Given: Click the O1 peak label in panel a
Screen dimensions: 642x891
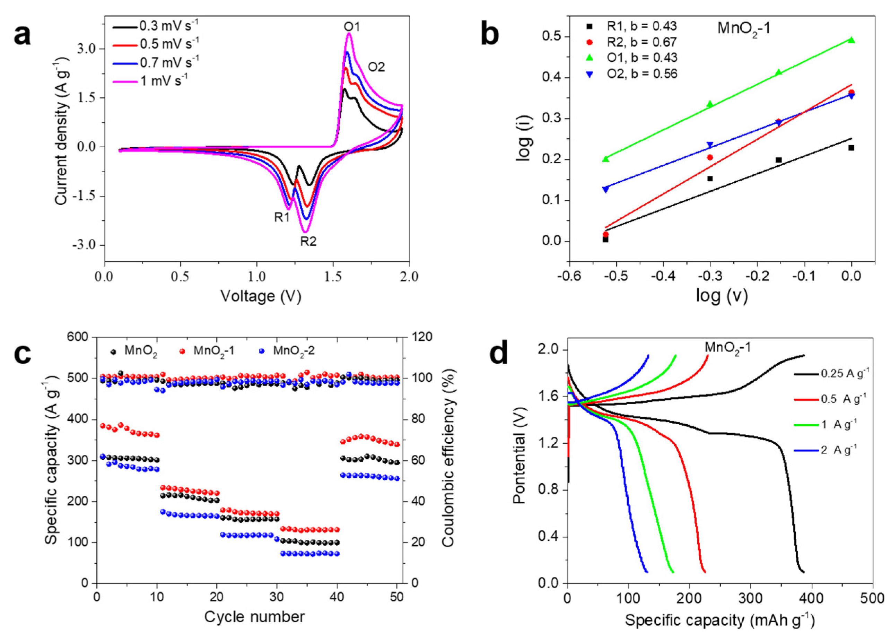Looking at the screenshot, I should (x=352, y=27).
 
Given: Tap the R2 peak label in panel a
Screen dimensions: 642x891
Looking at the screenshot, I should (x=308, y=241).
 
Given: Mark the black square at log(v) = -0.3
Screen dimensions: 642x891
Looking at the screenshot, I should (x=710, y=179).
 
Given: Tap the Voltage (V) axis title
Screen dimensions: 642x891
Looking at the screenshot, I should (x=261, y=296).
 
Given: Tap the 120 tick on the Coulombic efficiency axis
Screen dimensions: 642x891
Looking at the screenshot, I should (x=421, y=337).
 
